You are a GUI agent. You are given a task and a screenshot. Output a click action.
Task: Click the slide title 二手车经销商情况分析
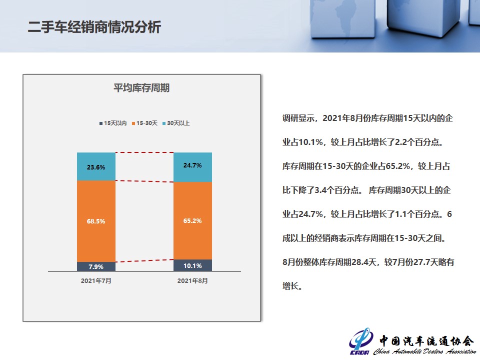click(x=94, y=27)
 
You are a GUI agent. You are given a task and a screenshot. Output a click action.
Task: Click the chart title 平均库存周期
click(x=141, y=88)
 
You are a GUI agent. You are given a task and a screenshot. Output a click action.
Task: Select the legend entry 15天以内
click(x=113, y=123)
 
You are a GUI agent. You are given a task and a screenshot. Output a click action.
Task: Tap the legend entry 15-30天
click(x=144, y=123)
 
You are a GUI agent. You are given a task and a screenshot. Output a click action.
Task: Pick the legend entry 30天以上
click(x=176, y=123)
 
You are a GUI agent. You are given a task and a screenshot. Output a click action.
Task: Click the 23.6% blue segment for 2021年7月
click(x=96, y=166)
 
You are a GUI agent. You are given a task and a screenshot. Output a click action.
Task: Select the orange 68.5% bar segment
click(x=96, y=221)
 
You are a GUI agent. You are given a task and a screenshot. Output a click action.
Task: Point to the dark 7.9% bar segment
click(x=96, y=266)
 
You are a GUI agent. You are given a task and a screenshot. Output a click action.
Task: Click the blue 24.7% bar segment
click(x=192, y=167)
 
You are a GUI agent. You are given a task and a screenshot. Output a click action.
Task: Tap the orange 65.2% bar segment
click(x=192, y=220)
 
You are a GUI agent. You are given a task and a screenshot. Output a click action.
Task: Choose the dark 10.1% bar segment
click(x=192, y=265)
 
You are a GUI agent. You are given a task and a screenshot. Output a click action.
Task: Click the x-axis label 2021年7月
click(x=96, y=280)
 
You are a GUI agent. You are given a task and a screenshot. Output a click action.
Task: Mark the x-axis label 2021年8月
click(x=192, y=280)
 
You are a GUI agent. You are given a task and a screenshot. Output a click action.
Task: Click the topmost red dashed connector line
click(x=144, y=152)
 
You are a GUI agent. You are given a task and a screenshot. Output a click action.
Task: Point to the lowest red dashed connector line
click(x=144, y=261)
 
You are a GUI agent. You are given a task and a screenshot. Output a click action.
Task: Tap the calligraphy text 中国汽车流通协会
click(x=426, y=340)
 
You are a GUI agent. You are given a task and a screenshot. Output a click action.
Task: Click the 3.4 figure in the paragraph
click(x=320, y=190)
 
